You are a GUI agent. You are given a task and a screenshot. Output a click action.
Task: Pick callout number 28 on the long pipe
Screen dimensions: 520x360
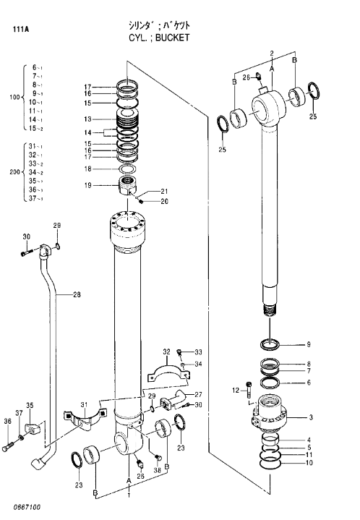77,294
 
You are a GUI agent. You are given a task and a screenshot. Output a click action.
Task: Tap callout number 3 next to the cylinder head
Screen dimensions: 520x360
311,417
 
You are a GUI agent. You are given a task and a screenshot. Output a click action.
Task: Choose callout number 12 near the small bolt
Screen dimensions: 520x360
235,391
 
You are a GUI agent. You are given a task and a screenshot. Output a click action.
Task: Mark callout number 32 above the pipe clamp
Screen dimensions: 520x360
166,352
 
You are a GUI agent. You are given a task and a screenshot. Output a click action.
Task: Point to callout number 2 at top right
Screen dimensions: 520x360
271,54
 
